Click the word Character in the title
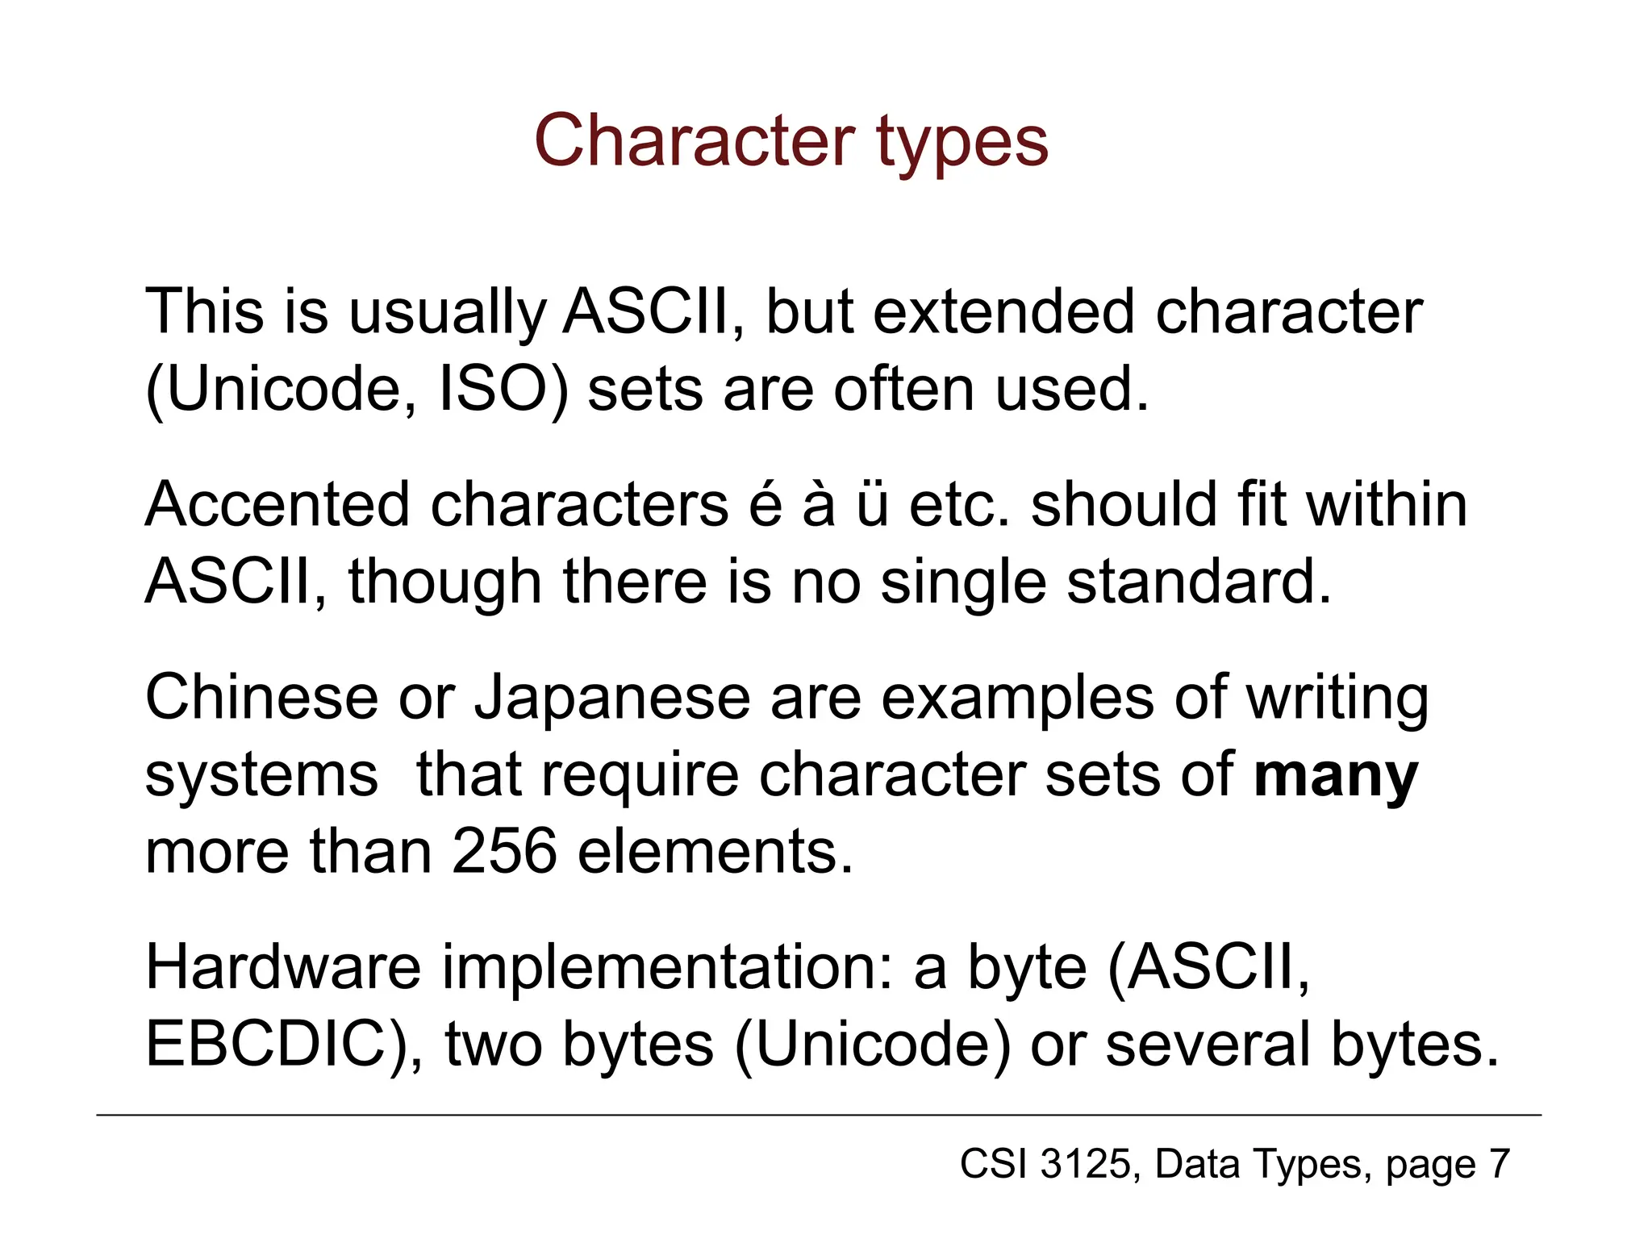click(694, 141)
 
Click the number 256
click(504, 852)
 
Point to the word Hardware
click(283, 967)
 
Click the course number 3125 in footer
click(1086, 1164)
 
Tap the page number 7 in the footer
click(1499, 1164)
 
